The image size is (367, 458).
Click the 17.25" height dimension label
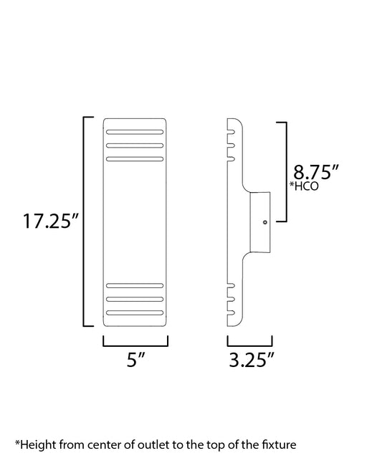click(51, 221)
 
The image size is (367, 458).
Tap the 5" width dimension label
click(136, 359)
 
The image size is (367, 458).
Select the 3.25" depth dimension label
click(252, 359)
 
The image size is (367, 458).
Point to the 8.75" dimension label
click(316, 172)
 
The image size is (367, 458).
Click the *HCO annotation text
click(304, 186)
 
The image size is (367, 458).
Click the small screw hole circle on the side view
click(265, 222)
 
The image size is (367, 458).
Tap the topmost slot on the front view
click(135, 132)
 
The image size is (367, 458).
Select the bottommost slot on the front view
click(135, 313)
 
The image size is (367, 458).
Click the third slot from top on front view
click(135, 159)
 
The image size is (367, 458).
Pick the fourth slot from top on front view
click(135, 285)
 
